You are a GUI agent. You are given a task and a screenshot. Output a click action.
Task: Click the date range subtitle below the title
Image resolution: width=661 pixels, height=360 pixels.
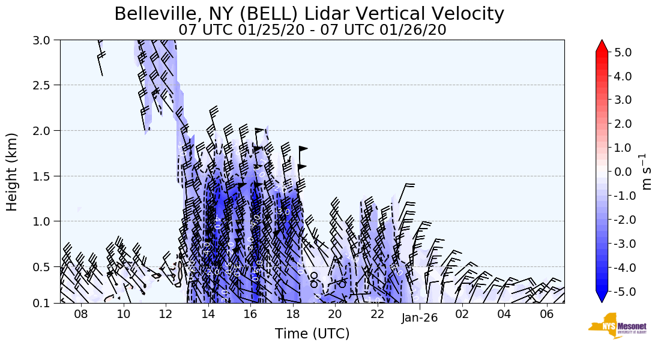[312, 29]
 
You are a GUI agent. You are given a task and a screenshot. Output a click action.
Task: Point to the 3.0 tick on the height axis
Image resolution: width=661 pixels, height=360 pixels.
[44, 40]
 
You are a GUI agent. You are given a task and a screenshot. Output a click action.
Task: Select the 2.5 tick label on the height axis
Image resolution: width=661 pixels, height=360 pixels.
[44, 85]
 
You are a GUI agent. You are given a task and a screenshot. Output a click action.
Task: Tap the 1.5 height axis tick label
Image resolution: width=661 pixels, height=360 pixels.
[44, 176]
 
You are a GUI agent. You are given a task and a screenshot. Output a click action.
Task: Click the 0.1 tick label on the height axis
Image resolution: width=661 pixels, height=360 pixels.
[44, 303]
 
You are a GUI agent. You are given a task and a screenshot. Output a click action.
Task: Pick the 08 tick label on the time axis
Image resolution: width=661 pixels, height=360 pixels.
[81, 314]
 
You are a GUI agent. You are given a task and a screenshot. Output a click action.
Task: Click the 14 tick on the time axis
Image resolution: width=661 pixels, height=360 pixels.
[208, 314]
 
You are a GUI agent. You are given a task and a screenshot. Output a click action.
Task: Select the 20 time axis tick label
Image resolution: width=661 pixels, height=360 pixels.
[335, 314]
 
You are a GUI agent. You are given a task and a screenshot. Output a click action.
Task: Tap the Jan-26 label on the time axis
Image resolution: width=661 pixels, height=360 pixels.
[420, 318]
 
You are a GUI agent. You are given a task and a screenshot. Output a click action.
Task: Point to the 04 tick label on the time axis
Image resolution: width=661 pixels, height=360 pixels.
[504, 314]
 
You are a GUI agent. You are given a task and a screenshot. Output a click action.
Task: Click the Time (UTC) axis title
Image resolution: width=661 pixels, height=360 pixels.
[312, 334]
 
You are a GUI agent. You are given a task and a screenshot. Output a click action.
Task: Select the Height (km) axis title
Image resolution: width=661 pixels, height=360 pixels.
[12, 171]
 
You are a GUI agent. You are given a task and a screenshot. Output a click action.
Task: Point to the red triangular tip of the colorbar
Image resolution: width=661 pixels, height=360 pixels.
[602, 46]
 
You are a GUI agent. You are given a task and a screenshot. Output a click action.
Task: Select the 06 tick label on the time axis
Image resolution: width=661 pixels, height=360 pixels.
[546, 314]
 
